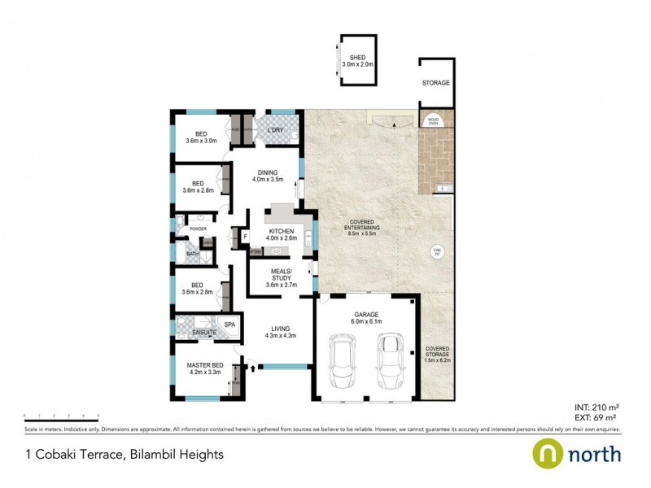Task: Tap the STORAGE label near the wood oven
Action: tap(435, 83)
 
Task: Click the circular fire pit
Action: tap(437, 252)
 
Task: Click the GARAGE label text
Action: tap(366, 314)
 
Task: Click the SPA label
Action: tap(229, 325)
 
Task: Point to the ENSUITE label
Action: tap(204, 333)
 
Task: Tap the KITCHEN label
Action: tap(282, 232)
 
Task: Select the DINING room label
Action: tap(268, 172)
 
